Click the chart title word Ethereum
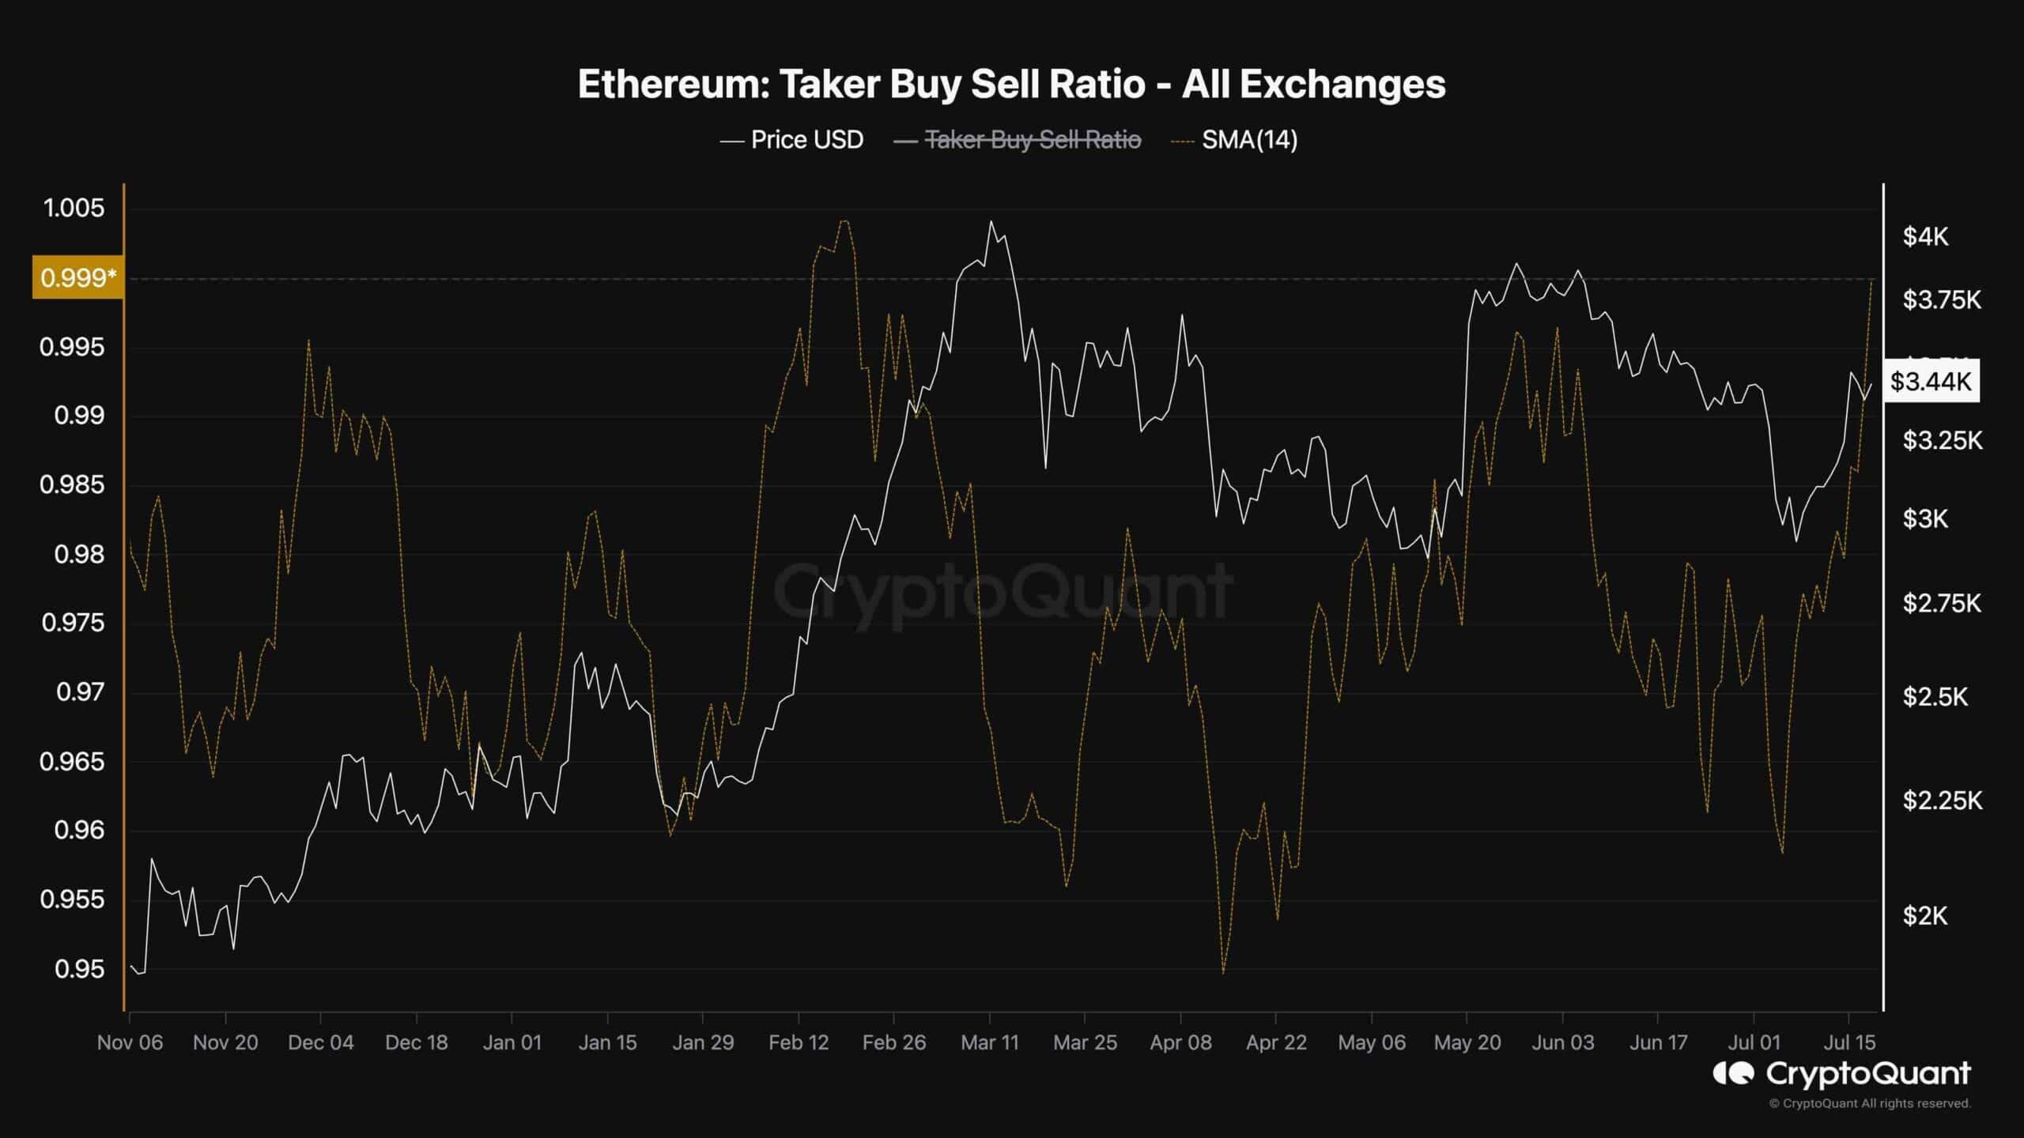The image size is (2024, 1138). pyautogui.click(x=672, y=85)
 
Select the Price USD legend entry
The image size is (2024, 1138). pyautogui.click(x=806, y=140)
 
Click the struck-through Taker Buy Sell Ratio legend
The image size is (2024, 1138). pyautogui.click(x=1032, y=140)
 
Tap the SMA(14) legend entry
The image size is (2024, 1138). pyautogui.click(x=1249, y=140)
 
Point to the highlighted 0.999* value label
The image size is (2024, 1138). pyautogui.click(x=77, y=277)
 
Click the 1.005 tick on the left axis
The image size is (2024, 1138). pyautogui.click(x=74, y=209)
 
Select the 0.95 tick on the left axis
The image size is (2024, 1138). pyautogui.click(x=79, y=969)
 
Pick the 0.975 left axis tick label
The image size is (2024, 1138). pyautogui.click(x=73, y=623)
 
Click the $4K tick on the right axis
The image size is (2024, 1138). pyautogui.click(x=1925, y=236)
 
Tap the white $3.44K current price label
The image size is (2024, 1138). pyautogui.click(x=1931, y=382)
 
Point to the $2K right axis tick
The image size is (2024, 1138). pyautogui.click(x=1925, y=916)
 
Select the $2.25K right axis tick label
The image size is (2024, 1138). pyautogui.click(x=1942, y=801)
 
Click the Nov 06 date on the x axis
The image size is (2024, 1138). pyautogui.click(x=130, y=1042)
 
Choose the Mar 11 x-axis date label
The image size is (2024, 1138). pyautogui.click(x=990, y=1042)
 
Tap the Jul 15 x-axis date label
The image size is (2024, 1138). pyautogui.click(x=1849, y=1042)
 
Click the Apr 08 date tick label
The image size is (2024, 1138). pyautogui.click(x=1180, y=1042)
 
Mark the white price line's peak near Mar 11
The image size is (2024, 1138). pyautogui.click(x=991, y=222)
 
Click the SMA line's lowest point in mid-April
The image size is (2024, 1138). pyautogui.click(x=1223, y=973)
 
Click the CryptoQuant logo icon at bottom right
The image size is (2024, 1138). pyautogui.click(x=1733, y=1073)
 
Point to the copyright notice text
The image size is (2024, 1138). pyautogui.click(x=1869, y=1103)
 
